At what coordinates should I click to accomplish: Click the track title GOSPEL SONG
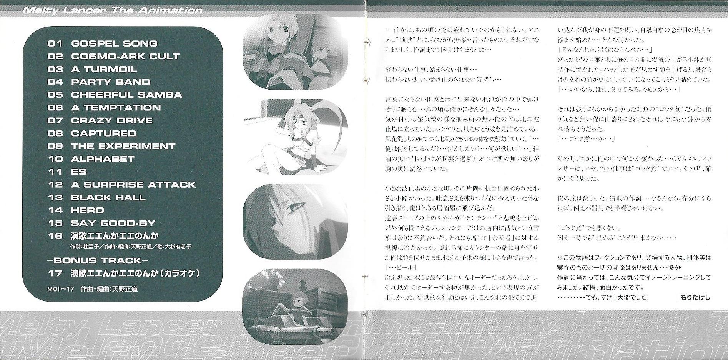tap(114, 43)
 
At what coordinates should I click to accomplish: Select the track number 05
tap(55, 95)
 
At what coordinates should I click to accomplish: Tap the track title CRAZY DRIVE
tap(112, 120)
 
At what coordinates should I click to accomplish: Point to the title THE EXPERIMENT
tap(123, 146)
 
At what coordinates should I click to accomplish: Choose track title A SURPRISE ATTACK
tap(133, 185)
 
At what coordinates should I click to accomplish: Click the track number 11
tap(55, 172)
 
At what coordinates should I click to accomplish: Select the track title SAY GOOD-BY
tap(113, 223)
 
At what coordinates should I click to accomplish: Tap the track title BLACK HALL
tap(108, 198)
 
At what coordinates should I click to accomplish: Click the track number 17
tap(55, 274)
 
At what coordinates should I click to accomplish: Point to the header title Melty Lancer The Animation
tap(113, 10)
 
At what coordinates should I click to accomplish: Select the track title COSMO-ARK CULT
tap(125, 56)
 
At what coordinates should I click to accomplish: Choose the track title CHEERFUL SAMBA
tap(126, 95)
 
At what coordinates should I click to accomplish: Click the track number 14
tap(55, 210)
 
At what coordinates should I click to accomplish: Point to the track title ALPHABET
tap(103, 159)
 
